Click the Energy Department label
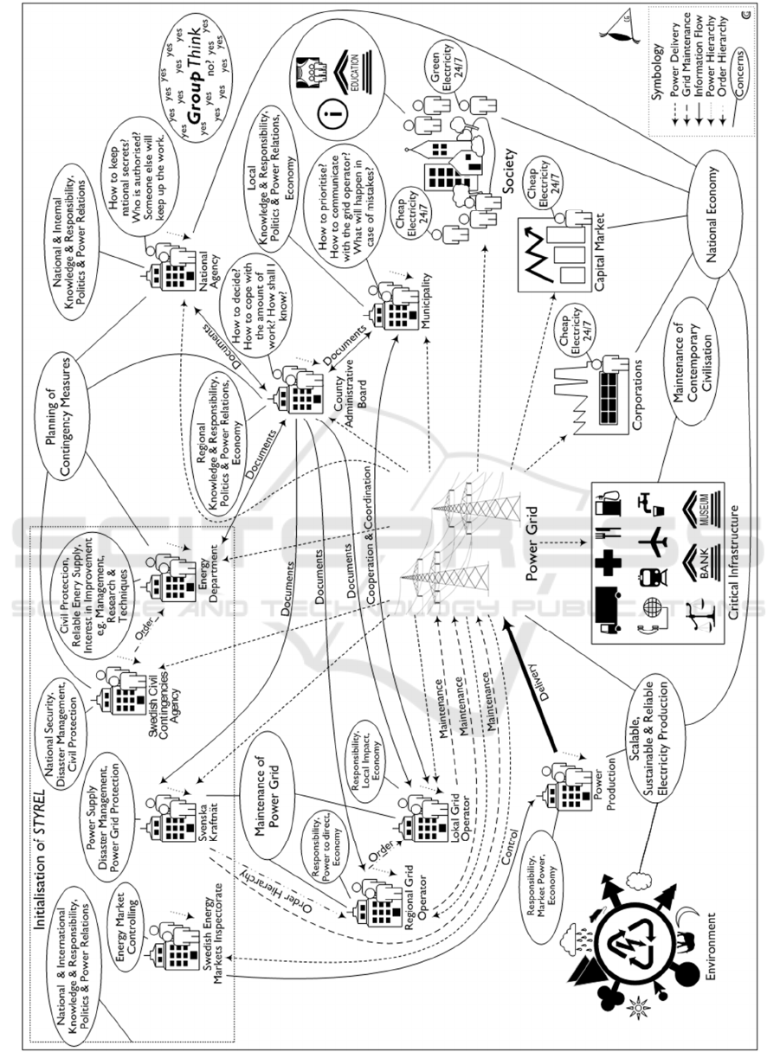pos(206,579)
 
